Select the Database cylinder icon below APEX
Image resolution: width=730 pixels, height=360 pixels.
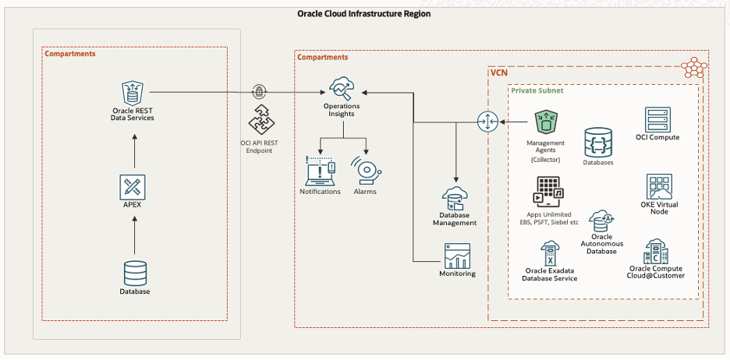coord(135,273)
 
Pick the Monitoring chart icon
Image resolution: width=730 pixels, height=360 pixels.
coord(456,256)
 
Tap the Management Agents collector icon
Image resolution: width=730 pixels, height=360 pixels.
coord(546,122)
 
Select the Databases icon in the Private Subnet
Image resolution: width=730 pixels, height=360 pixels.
coord(598,143)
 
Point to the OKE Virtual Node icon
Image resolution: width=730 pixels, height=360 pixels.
coord(659,187)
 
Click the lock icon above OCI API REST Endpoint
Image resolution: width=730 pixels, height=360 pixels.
coord(259,92)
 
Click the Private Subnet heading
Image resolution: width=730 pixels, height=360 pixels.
coord(538,90)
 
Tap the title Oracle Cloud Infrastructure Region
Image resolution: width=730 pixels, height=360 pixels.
coord(364,14)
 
